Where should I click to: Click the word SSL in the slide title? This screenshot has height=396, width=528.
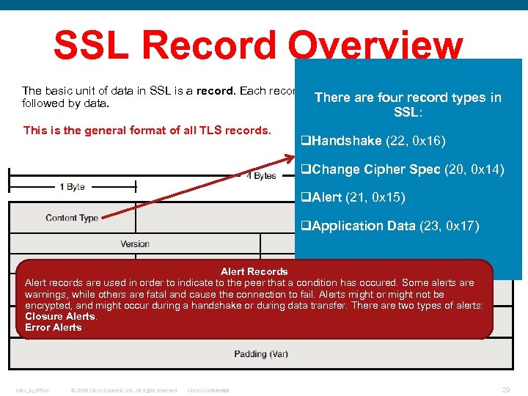tap(93, 45)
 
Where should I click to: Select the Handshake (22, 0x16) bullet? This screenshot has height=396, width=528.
tap(373, 141)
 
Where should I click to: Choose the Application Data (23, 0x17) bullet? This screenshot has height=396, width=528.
tap(390, 226)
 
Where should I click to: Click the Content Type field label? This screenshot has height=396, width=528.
tap(72, 218)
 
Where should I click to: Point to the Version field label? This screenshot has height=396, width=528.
tap(135, 244)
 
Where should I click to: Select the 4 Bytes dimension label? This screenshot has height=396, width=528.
tap(261, 176)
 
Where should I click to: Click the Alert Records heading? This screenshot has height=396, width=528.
tap(254, 271)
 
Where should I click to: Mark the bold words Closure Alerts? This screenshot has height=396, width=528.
tap(60, 316)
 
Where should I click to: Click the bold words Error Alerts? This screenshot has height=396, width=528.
tap(54, 327)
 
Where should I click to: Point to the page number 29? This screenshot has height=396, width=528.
tap(506, 390)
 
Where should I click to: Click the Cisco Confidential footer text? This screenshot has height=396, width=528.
tap(208, 390)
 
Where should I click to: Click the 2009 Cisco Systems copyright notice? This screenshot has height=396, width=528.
tap(123, 390)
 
